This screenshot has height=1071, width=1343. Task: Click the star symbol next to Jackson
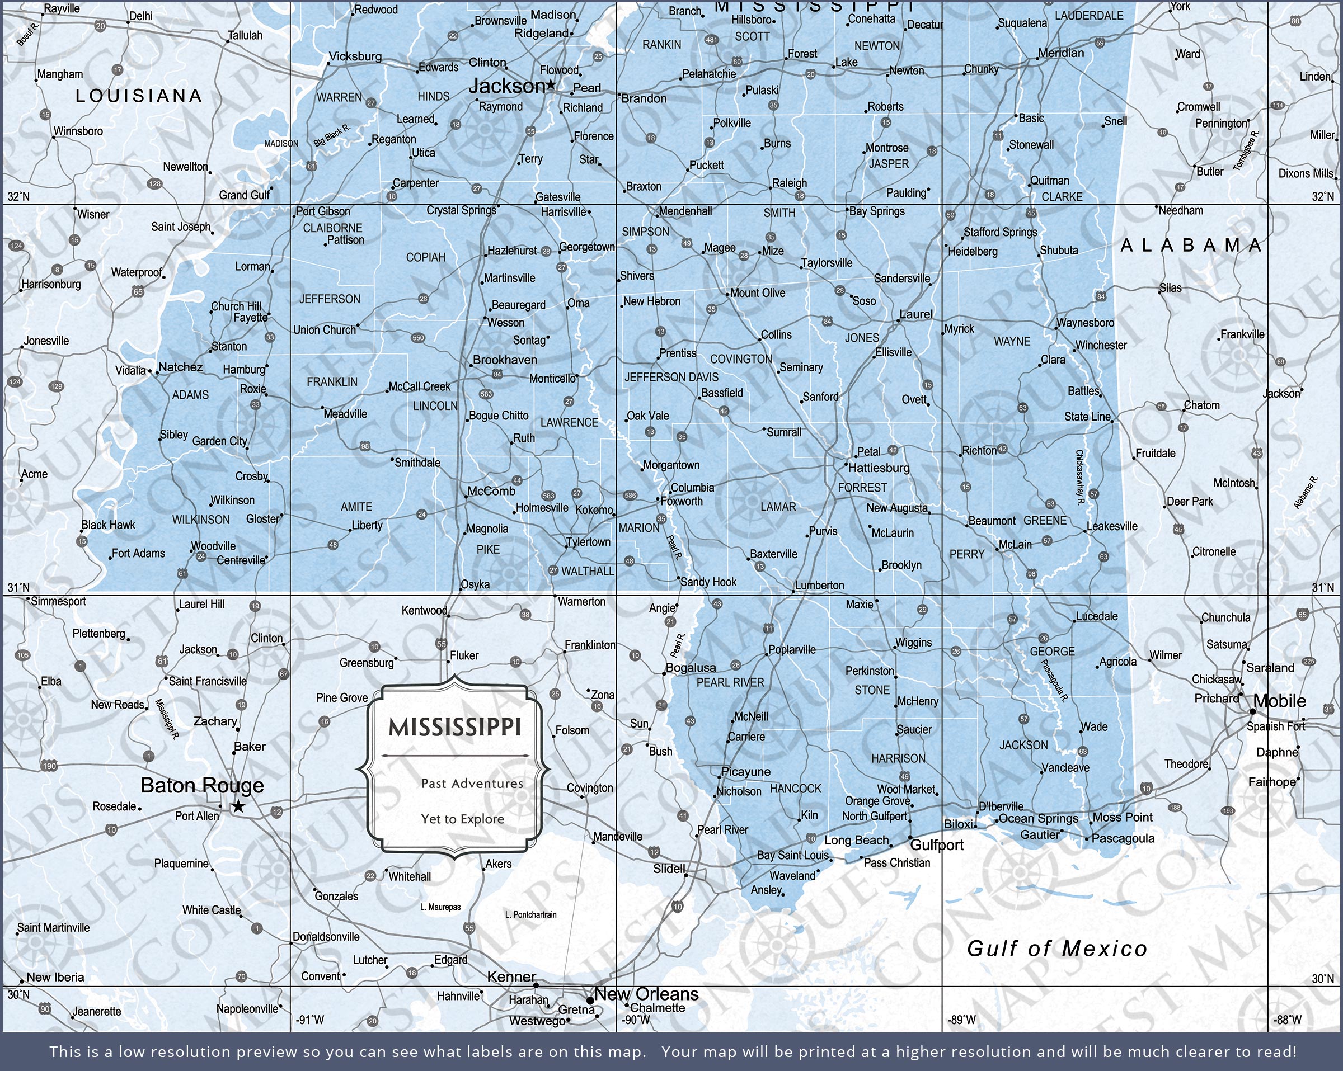point(551,84)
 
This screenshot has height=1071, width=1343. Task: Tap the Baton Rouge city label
point(202,785)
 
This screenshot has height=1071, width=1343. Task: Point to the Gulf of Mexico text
point(1056,949)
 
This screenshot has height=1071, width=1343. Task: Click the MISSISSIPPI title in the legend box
point(455,726)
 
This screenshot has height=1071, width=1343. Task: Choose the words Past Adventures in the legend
point(472,784)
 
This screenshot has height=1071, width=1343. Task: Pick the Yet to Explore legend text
point(462,819)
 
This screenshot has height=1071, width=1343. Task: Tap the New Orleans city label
point(646,994)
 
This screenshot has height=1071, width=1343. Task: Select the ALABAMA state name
point(1191,246)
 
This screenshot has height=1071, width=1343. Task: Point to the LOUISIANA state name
point(139,95)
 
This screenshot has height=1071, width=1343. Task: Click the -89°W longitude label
point(961,1020)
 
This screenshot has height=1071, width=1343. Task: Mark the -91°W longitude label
point(309,1020)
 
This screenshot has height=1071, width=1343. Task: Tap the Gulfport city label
point(936,845)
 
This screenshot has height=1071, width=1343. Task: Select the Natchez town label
point(180,367)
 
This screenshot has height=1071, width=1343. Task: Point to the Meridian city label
point(1061,53)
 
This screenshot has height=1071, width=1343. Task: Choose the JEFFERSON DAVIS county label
point(671,378)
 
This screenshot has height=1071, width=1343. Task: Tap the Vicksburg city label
point(355,56)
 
